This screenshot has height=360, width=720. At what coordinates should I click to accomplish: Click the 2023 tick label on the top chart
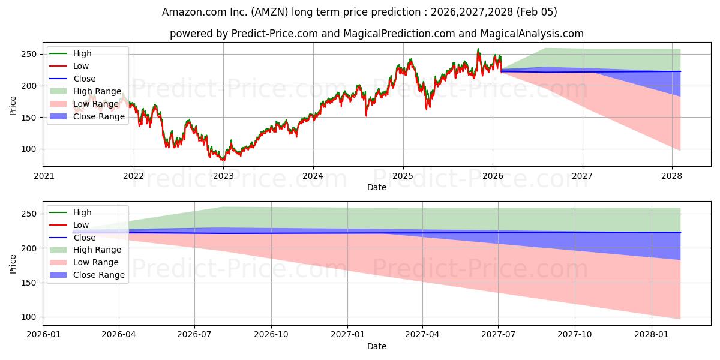coord(223,176)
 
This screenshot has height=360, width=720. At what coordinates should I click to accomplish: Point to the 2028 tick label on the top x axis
coord(672,176)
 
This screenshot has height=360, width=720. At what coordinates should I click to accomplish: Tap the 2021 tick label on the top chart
coord(44,176)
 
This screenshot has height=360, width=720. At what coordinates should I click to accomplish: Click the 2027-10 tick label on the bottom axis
coord(575,335)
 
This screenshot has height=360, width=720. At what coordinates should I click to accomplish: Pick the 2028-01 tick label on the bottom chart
coord(651,335)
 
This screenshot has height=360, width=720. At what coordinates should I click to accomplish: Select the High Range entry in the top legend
coord(96,91)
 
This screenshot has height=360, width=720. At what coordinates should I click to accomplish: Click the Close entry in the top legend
coord(85,79)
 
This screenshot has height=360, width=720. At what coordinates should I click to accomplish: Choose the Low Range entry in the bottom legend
coord(96,262)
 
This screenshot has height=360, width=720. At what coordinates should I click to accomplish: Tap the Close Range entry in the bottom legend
coord(99,275)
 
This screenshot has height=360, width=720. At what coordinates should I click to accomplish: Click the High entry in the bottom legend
coord(82,212)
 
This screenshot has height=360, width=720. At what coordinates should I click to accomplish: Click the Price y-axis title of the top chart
coord(13,104)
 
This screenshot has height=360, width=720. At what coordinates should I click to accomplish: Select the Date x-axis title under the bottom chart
coord(377,346)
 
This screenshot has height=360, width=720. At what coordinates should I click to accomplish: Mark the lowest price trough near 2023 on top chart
coord(223,160)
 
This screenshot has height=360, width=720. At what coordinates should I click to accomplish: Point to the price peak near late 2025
coord(478,49)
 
